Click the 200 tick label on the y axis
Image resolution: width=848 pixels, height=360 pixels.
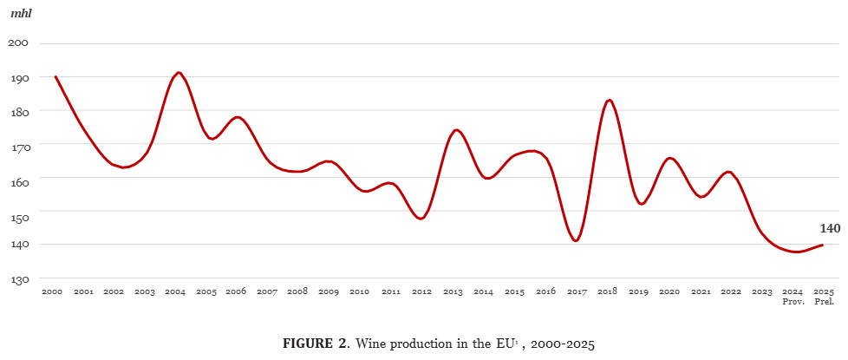tap(19, 43)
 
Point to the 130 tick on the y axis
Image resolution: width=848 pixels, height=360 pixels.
tap(19, 279)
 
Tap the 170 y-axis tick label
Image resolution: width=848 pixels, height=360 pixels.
tap(19, 146)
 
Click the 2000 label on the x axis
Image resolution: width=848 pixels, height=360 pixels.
tap(52, 292)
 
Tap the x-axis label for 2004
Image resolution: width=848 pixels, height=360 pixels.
tap(175, 292)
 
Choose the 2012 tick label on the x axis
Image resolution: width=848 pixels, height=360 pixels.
tap(421, 292)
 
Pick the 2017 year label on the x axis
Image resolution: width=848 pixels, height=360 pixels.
tap(577, 292)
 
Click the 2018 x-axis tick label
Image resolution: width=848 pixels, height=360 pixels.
tap(608, 292)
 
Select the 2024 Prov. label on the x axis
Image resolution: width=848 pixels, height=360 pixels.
tap(793, 297)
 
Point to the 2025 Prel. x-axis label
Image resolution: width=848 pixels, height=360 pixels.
tap(824, 297)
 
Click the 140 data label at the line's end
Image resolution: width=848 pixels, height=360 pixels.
tap(830, 229)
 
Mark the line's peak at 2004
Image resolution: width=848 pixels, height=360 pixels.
tap(178, 73)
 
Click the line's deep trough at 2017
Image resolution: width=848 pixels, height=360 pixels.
tap(576, 240)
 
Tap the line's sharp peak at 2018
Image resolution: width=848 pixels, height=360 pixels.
tap(609, 100)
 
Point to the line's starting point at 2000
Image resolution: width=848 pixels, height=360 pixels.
tap(55, 76)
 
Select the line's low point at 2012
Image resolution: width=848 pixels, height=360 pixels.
tap(421, 219)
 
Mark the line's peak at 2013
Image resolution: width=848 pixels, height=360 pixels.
tap(457, 130)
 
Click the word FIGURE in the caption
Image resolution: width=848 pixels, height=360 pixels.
tap(307, 344)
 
